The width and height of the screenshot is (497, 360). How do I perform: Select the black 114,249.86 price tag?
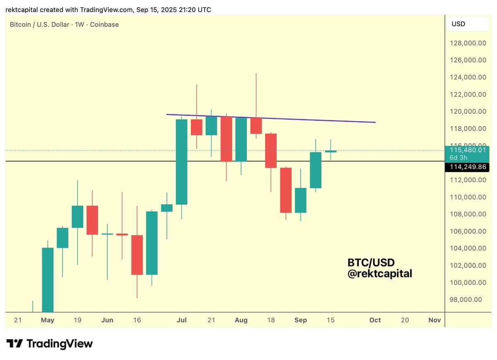point(467,167)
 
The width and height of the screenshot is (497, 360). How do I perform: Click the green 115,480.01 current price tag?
point(467,150)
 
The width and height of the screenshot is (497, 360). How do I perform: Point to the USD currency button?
point(458,24)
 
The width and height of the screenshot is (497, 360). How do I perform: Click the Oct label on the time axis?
point(375,320)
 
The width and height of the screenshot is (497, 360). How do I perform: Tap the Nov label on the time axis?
point(434,320)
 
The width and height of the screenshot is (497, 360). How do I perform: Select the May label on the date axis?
point(48,320)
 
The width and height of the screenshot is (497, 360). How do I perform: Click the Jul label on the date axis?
point(181,320)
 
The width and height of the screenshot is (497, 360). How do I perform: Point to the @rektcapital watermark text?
point(380,273)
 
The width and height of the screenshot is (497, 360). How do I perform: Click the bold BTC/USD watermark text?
point(371,263)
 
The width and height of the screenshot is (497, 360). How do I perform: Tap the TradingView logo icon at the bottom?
point(14,343)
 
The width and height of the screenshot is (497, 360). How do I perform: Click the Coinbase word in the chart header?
point(105,24)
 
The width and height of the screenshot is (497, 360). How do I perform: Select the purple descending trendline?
point(269,118)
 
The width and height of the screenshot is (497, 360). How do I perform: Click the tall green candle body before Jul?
point(181,162)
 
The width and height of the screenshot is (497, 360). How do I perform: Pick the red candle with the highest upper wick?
point(256,126)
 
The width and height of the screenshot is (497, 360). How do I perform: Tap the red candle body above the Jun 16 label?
point(137,255)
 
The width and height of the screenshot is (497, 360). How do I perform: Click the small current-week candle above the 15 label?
point(331,152)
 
